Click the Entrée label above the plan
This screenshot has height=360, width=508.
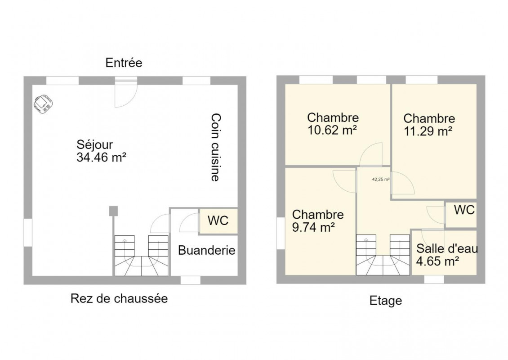pos(124,63)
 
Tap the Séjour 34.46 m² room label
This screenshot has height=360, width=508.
pos(101,151)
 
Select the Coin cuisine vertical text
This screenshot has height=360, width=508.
pos(215,147)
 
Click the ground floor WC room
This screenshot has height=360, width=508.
pos(218,221)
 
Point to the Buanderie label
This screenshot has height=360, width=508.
pos(207,250)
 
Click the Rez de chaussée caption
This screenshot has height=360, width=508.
pos(119,298)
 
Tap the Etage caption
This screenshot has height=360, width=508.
pos(386,301)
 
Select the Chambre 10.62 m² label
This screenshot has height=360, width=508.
pos(333,124)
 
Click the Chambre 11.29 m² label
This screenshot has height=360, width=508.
pos(429,125)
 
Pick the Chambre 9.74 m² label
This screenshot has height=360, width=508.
pos(317,221)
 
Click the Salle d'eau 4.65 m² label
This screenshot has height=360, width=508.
pos(447,255)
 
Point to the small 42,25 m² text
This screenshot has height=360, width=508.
pos(381,179)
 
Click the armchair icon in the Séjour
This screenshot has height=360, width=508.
pos(43,104)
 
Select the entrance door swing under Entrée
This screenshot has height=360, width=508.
pos(126,94)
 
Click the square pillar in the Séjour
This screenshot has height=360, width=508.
pos(113,211)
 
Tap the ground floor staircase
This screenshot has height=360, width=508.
pos(142,256)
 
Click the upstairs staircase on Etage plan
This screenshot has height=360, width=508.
pos(383,255)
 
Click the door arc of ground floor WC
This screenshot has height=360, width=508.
pos(189,223)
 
